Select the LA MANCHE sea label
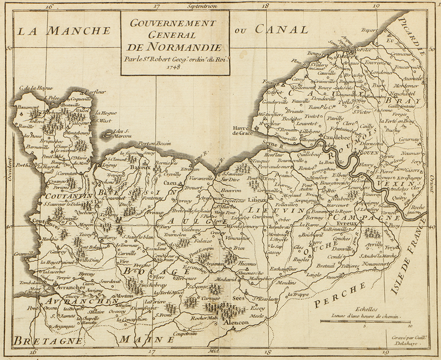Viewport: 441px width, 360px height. tap(64, 30)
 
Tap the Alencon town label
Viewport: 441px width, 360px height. tap(239, 322)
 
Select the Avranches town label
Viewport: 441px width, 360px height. tap(70, 287)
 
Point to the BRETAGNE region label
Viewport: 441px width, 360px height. tap(48, 341)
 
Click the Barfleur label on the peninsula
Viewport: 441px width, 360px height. tap(96, 92)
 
